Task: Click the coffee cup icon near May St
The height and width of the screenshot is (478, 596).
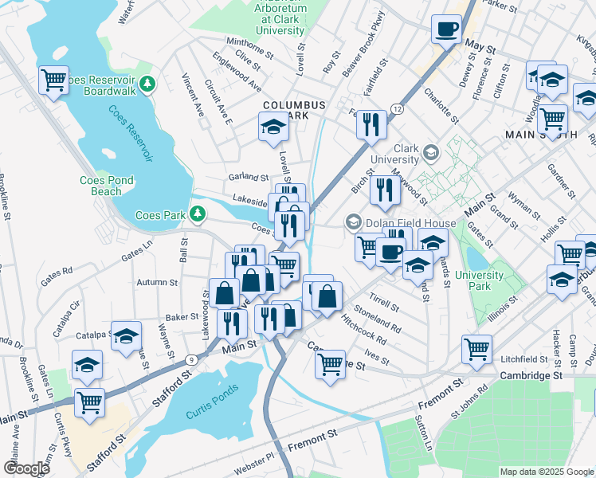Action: pos(446,29)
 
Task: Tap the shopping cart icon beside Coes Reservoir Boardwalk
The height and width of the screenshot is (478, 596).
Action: pos(54,80)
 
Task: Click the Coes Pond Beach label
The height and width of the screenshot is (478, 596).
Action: pos(112,186)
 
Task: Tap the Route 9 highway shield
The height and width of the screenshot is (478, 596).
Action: pos(191,359)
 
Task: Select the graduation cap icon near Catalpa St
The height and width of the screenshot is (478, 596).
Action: pos(126,337)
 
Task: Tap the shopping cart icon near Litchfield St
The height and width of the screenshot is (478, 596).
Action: pos(476,348)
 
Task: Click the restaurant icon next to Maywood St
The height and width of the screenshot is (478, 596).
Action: pos(386,190)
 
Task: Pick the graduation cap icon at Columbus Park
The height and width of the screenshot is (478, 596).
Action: pos(273,125)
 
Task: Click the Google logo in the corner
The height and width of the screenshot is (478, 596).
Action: pos(26,468)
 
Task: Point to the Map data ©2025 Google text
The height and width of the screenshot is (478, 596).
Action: pos(546,472)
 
